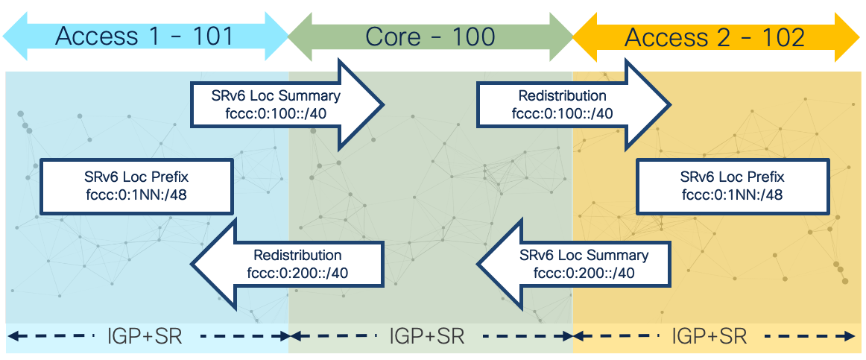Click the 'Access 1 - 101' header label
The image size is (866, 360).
coord(145,36)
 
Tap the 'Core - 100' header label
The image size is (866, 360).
coord(430,36)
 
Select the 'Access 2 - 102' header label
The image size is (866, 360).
coord(714,37)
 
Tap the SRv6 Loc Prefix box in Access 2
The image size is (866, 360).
coord(733,186)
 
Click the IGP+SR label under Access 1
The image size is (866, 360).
coord(143,336)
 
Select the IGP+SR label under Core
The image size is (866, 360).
coord(427,336)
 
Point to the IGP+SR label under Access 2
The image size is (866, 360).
coord(709,336)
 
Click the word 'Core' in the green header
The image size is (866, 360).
coord(391,36)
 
